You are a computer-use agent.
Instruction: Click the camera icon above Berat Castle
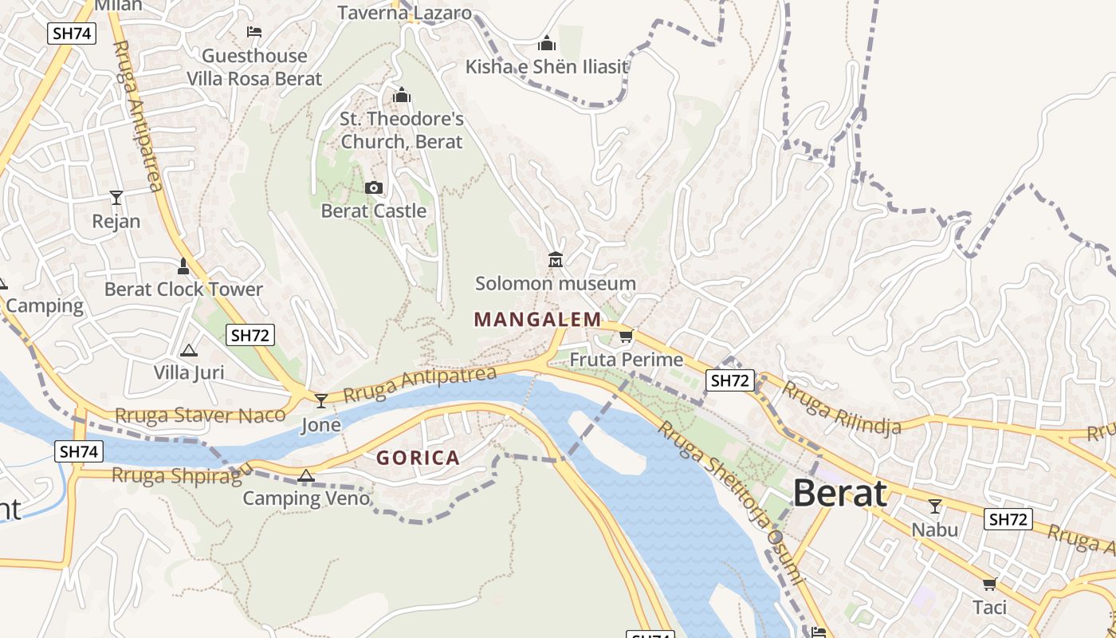[373, 188]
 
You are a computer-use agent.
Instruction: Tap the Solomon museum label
[556, 283]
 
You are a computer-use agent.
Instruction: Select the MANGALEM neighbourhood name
[538, 320]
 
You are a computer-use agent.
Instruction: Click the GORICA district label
[418, 458]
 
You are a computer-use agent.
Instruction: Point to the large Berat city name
[840, 494]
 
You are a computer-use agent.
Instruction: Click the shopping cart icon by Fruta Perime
[626, 337]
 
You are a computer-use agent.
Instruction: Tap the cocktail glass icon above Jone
[321, 400]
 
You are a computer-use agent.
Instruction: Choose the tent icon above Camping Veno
[305, 476]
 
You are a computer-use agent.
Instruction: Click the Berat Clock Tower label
[183, 289]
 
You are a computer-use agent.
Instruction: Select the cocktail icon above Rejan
[116, 197]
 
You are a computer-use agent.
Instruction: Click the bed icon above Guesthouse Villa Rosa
[254, 32]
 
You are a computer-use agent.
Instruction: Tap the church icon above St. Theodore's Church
[402, 96]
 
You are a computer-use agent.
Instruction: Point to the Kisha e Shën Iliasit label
[548, 66]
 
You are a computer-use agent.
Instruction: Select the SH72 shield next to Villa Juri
[250, 335]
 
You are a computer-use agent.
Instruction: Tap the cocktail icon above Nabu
[935, 506]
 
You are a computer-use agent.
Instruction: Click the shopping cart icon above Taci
[990, 584]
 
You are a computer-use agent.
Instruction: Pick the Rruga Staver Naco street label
[200, 415]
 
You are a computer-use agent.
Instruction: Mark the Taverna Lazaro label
[404, 13]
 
